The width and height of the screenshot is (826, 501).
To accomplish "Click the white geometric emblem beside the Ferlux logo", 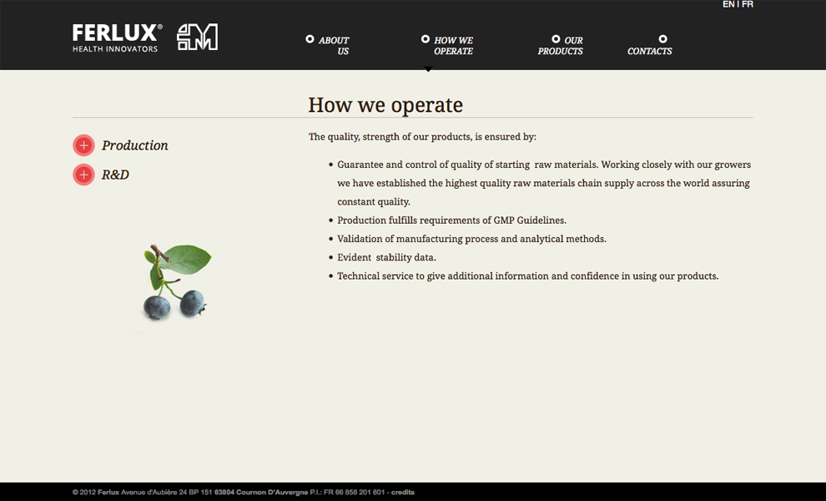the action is [197, 37].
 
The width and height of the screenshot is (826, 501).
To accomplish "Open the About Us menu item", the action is [334, 45].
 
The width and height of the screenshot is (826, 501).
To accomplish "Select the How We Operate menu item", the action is [453, 45].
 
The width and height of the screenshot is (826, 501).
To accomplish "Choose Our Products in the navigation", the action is [560, 45].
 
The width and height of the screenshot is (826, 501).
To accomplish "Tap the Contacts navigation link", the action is [649, 51].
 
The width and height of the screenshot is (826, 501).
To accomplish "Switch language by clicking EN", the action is [728, 4].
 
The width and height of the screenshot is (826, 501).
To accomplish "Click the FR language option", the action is [748, 4].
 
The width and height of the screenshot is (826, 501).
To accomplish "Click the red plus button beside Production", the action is [83, 145].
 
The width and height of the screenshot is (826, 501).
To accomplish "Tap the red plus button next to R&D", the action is [83, 175].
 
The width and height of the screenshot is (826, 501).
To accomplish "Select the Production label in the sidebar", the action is [135, 145].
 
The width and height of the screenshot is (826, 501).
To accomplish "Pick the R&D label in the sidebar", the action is [115, 175].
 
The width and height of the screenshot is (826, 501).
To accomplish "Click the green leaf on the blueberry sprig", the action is [185, 258].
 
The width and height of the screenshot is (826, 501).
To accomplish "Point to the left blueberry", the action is [157, 307].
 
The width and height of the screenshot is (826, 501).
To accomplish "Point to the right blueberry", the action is [192, 303].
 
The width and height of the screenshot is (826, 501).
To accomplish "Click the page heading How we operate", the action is [385, 105].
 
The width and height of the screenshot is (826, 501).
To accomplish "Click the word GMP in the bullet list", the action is [504, 220].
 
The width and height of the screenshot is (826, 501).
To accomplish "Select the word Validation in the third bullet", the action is [360, 239].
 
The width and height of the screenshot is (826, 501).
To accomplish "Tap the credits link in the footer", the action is [403, 492].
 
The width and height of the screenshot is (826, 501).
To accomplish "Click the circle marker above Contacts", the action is [662, 38].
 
